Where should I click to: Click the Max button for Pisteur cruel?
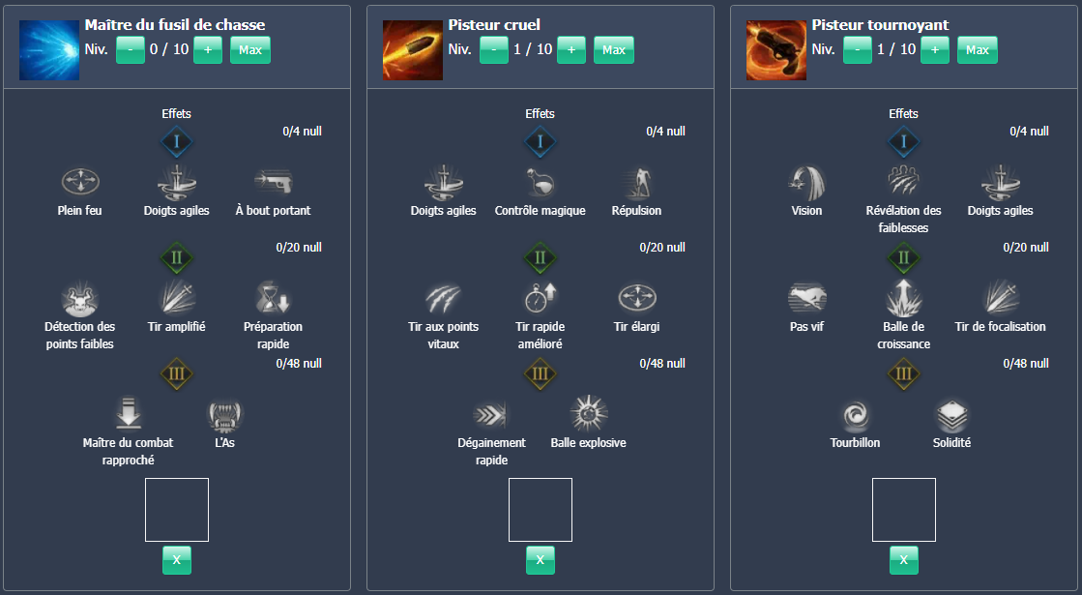(613, 49)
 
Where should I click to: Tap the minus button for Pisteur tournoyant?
(857, 49)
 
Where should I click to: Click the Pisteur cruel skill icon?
(413, 50)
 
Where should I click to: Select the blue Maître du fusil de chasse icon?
(49, 50)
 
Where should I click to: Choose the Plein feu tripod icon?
(79, 181)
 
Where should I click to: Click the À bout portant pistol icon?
(273, 181)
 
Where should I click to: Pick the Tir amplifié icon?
(176, 296)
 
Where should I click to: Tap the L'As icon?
(224, 414)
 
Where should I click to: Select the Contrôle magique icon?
(540, 181)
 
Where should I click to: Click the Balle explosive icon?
(588, 414)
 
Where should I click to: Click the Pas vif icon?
(806, 296)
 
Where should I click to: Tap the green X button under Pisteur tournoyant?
(903, 559)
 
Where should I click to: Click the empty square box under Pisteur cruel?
(540, 509)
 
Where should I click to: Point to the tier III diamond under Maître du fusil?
(176, 374)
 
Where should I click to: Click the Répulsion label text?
(636, 211)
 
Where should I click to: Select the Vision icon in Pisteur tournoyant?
(806, 181)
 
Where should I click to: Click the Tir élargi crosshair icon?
(636, 296)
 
